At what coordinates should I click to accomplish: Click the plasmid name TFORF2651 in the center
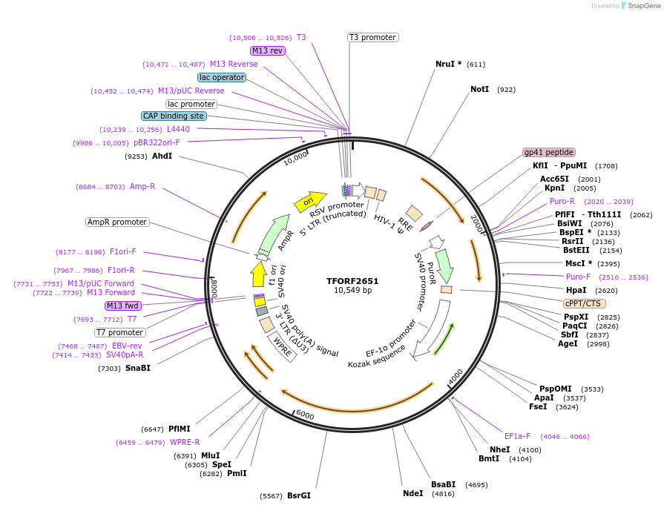352,281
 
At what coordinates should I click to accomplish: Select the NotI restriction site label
480,89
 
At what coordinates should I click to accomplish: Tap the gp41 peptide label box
548,152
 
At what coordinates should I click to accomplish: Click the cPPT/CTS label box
585,303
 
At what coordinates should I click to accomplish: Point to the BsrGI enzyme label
299,495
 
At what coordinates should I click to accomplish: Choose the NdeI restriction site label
412,493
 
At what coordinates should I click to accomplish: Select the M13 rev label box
267,50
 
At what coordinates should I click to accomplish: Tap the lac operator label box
222,77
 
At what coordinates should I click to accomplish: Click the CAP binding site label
174,116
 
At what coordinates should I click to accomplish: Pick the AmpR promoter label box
117,222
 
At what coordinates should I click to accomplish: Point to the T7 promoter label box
119,331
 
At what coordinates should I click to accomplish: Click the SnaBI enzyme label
137,368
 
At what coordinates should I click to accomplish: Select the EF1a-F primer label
517,436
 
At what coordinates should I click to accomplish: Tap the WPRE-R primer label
185,442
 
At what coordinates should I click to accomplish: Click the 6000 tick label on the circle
305,416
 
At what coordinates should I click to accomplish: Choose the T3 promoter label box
372,37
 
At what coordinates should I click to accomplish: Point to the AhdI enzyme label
162,156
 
